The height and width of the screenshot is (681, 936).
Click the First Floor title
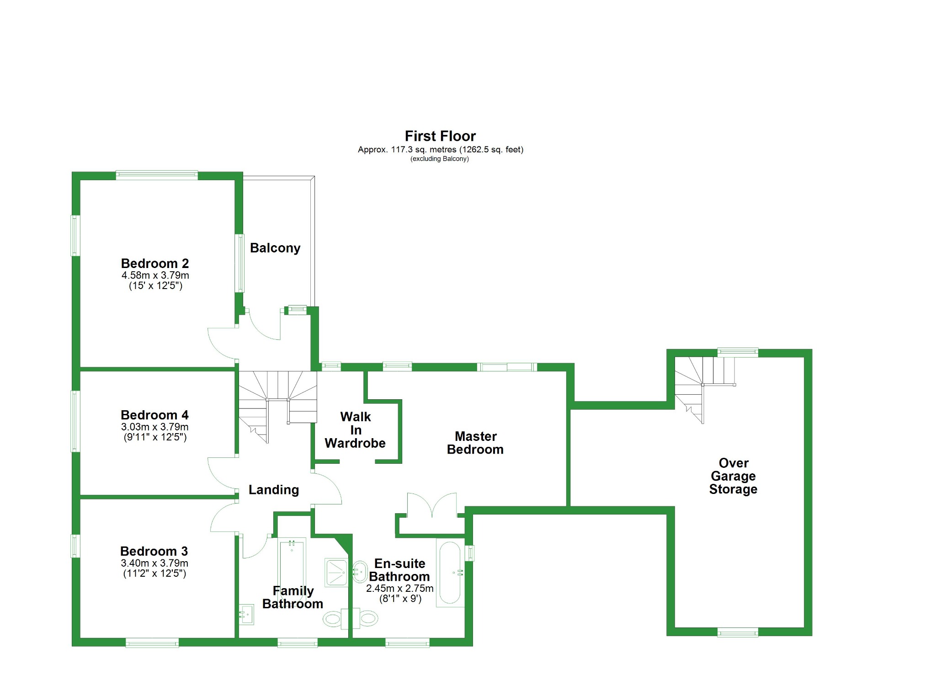(440, 136)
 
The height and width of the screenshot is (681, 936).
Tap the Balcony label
(275, 248)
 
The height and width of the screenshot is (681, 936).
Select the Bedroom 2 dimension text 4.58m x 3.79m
(155, 275)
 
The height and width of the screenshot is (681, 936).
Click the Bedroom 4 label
(154, 415)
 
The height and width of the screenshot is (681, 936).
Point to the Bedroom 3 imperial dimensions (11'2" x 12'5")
(154, 573)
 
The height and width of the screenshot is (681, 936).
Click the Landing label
(273, 490)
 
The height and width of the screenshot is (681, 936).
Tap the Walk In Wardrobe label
(355, 430)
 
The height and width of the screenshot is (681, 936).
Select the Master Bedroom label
(475, 443)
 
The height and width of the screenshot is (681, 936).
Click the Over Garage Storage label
(733, 476)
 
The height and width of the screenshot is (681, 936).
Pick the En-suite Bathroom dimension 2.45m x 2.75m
(399, 589)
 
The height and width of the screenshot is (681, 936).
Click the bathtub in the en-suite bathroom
(450, 573)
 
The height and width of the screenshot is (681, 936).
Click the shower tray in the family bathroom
(336, 572)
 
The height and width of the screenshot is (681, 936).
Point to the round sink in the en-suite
(360, 571)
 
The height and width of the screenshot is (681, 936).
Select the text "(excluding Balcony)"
(440, 159)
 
